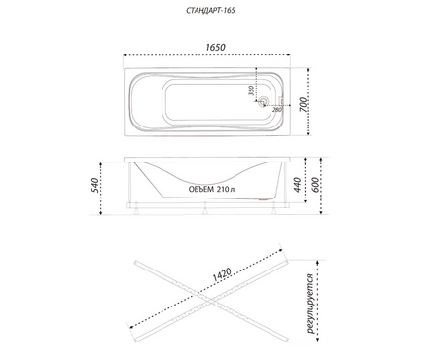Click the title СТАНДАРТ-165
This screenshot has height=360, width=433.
(210, 10)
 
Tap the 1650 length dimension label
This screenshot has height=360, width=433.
(215, 48)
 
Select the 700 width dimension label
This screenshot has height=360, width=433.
(303, 104)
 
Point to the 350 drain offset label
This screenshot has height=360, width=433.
(251, 90)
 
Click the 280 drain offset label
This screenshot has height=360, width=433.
(277, 110)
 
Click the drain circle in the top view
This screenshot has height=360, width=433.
(263, 101)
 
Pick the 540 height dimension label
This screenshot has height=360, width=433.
(95, 185)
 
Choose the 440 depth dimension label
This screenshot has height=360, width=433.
(297, 185)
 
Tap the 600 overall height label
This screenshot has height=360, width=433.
(315, 185)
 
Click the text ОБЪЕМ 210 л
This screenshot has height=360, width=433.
(211, 189)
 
